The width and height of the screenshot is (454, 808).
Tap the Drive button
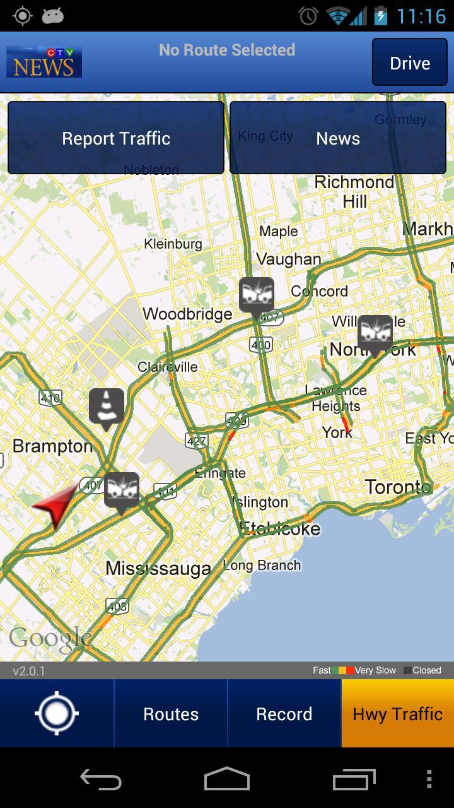click(x=409, y=62)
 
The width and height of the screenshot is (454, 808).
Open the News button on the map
click(x=338, y=138)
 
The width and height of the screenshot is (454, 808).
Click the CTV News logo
click(x=44, y=62)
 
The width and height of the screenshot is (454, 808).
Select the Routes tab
click(x=170, y=714)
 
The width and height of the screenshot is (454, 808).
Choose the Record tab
click(x=284, y=714)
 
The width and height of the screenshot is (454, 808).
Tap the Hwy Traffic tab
click(x=397, y=714)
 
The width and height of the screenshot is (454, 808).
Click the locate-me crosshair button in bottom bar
click(x=57, y=714)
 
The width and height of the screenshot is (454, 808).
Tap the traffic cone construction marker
click(x=106, y=407)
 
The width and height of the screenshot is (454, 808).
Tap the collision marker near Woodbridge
click(x=256, y=295)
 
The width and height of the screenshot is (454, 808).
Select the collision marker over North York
click(x=375, y=333)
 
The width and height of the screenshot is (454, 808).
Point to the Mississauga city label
click(x=158, y=568)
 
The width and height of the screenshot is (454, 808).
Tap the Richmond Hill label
click(x=354, y=191)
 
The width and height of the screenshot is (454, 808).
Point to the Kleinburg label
click(x=173, y=244)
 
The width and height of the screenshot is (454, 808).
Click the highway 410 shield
click(x=50, y=398)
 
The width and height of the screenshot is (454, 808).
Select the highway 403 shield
click(x=117, y=606)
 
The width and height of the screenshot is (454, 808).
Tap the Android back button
click(x=101, y=780)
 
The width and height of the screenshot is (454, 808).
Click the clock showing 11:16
click(x=421, y=16)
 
